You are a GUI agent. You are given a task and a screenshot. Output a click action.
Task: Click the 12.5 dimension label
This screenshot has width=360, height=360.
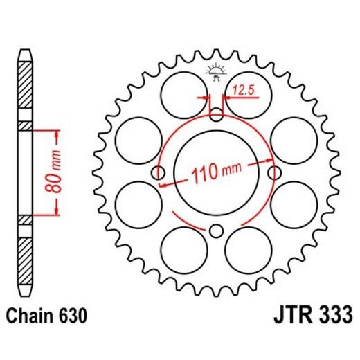(244, 89)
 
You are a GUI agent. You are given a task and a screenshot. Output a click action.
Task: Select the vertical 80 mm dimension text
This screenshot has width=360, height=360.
(58, 171)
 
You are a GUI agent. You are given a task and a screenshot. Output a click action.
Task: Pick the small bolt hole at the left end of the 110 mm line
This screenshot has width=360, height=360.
(159, 171)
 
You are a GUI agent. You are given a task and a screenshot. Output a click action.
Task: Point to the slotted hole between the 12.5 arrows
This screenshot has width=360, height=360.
(216, 111)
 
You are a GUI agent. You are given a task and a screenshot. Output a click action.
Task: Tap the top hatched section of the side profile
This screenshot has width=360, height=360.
(25, 90)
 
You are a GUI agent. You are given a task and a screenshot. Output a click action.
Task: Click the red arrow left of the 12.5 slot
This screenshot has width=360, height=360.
(204, 98)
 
